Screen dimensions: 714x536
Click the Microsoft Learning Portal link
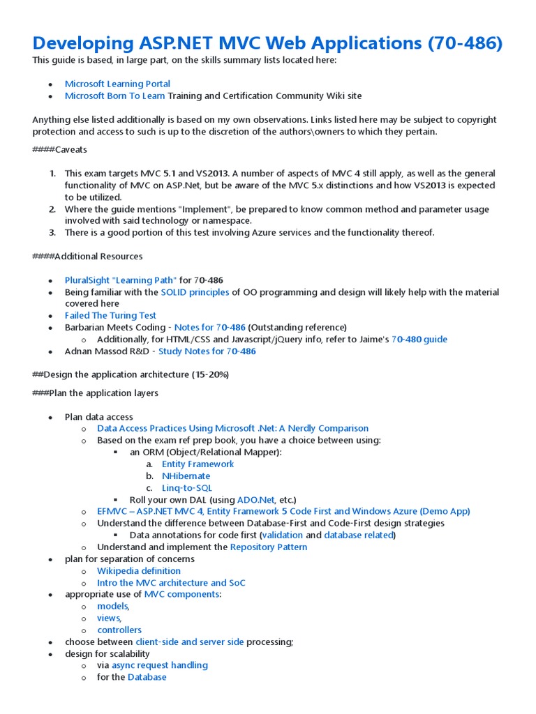pos(117,84)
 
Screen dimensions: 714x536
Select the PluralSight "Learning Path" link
pos(121,280)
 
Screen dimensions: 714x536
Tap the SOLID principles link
pos(195,292)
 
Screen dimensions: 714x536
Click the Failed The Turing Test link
pos(110,315)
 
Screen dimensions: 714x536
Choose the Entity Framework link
pos(198,464)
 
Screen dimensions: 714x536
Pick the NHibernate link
pos(186,476)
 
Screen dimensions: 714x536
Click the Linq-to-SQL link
pos(186,488)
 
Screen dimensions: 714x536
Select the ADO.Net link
pos(255,499)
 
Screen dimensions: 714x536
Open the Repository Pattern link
pos(269,547)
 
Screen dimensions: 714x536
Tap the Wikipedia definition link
pos(139,570)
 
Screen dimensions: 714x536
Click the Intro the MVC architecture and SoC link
pos(171,582)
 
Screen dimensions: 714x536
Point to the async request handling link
pos(160,665)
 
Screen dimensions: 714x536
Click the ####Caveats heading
pos(60,149)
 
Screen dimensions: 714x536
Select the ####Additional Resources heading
pos(87,256)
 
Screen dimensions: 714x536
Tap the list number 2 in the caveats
pos(52,209)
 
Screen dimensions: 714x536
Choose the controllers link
pos(119,630)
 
